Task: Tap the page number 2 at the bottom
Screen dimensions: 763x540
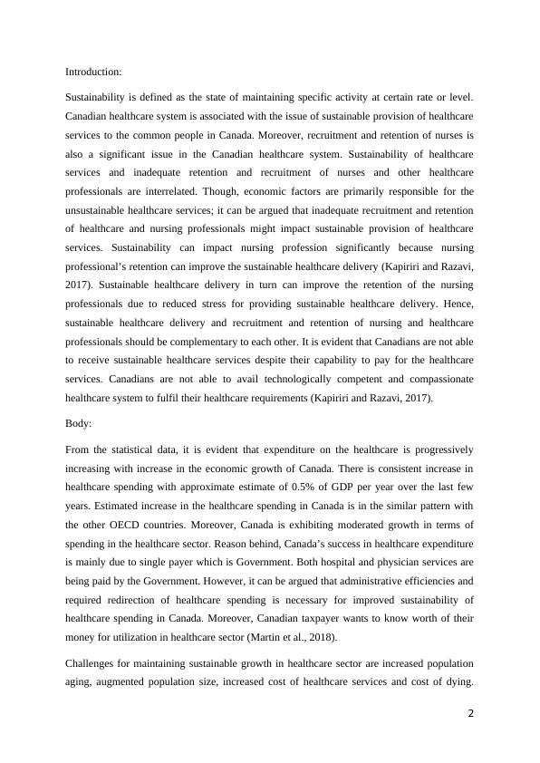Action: [x=470, y=712]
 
